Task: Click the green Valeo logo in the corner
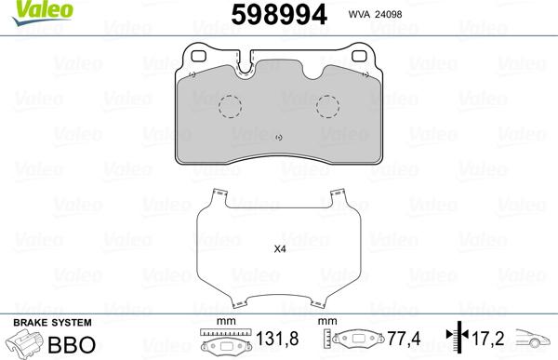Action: (x=42, y=12)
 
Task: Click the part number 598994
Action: (x=279, y=15)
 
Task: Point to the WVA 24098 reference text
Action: (x=375, y=14)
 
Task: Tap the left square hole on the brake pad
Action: (x=199, y=56)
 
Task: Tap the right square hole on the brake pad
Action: (x=359, y=56)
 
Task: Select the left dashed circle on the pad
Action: (x=230, y=106)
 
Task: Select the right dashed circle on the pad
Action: (x=327, y=106)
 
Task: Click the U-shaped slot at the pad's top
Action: (x=244, y=68)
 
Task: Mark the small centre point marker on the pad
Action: (x=279, y=138)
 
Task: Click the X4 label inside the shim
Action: (x=280, y=249)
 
